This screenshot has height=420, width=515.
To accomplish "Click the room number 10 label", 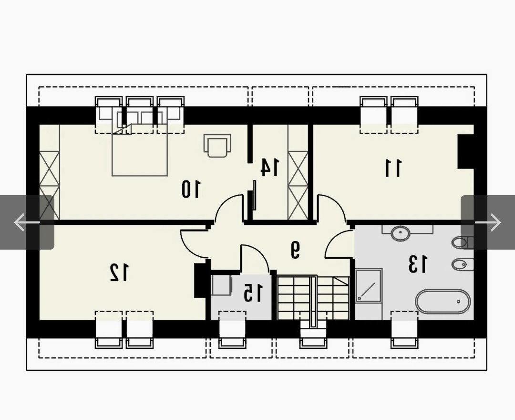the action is click(190, 189).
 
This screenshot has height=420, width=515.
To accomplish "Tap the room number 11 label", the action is click(393, 168).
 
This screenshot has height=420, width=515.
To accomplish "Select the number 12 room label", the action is click(119, 273).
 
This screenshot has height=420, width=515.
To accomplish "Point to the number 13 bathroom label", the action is click(418, 264).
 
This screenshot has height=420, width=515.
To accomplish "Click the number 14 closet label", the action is click(270, 167).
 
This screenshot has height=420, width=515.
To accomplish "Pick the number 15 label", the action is click(253, 293).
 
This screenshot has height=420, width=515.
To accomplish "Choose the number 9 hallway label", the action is click(295, 250).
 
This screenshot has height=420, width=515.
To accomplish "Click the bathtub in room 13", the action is click(443, 301).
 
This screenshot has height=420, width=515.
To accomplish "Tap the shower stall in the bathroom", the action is click(369, 285).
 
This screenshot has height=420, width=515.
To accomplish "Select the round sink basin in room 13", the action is click(401, 233).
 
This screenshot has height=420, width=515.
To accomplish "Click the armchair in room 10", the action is click(217, 146).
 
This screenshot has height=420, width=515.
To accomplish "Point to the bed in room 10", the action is click(140, 143).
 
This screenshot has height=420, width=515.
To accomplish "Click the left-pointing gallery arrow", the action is click(27, 222).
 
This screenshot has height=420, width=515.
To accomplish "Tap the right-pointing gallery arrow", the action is click(488, 222).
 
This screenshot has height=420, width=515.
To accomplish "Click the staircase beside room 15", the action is click(313, 298).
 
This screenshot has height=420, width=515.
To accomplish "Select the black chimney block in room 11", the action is click(466, 151).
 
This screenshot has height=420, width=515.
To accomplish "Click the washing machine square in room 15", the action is click(222, 285).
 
